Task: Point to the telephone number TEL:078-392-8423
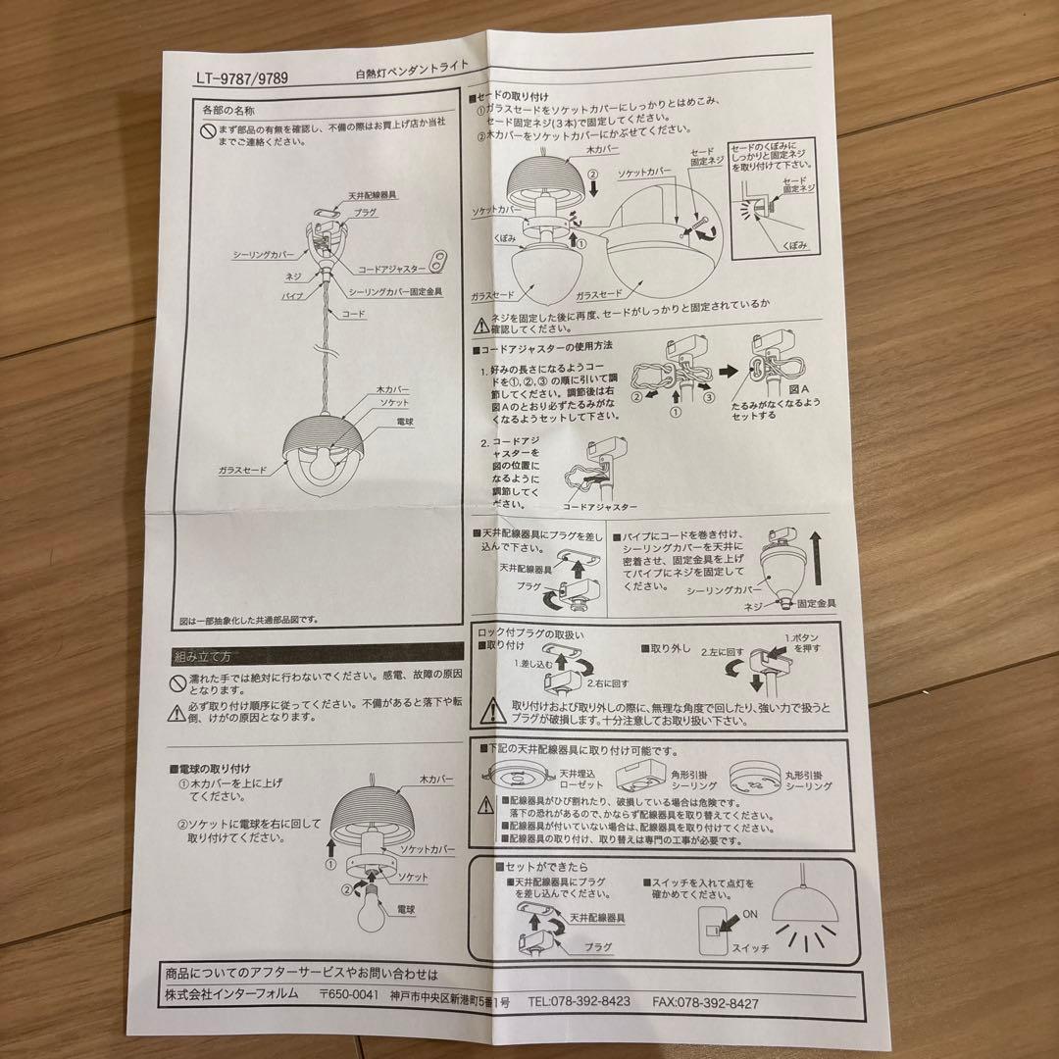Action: pyautogui.click(x=578, y=1002)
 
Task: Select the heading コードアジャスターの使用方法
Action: pyautogui.click(x=543, y=347)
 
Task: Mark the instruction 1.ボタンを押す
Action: pyautogui.click(x=796, y=642)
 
